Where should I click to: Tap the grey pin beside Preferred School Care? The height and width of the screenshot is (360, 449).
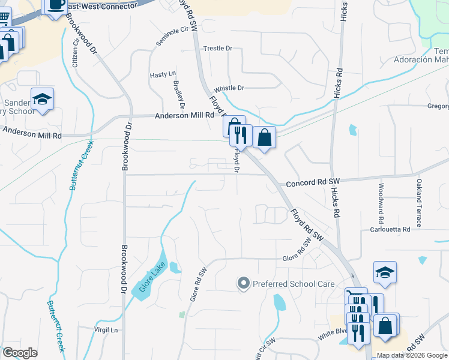[x=243, y=283]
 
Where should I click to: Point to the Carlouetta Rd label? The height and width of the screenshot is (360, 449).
[x=390, y=229]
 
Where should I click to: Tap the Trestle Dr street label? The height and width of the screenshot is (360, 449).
[x=217, y=48]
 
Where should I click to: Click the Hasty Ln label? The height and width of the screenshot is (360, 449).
[x=162, y=74]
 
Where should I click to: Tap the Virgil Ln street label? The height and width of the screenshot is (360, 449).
[x=105, y=329]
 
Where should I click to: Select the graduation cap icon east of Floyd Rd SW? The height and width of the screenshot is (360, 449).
[x=385, y=273]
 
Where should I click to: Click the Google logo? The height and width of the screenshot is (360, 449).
[x=20, y=353]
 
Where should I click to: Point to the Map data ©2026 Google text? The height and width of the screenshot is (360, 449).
[x=411, y=355]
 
